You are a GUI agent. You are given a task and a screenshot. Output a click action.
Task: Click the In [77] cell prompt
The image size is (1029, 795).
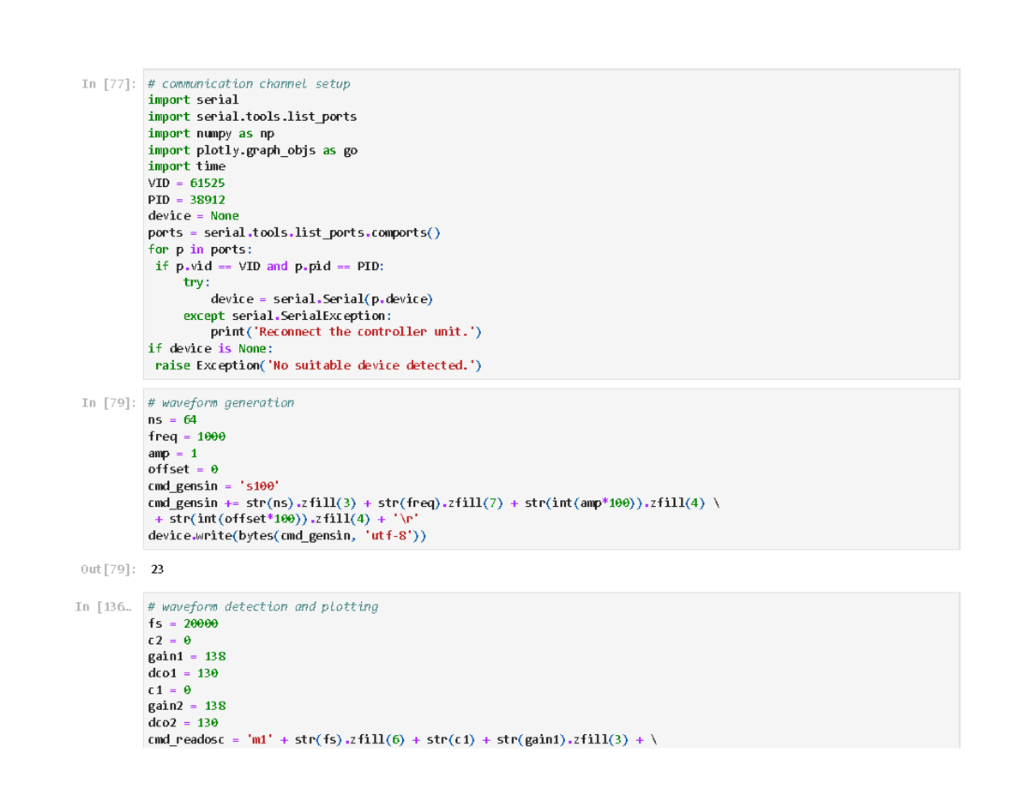pos(108,84)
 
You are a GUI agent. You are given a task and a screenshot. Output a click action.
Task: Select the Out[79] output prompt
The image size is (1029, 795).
pos(108,569)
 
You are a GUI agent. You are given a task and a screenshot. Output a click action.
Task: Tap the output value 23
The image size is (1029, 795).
pos(157,569)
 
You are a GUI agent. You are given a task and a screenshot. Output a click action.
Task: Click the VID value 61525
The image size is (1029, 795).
pos(207,183)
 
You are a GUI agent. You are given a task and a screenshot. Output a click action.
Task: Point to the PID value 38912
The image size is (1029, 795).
pos(207,200)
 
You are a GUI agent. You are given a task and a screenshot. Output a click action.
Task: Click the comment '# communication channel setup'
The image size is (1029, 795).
pos(249,84)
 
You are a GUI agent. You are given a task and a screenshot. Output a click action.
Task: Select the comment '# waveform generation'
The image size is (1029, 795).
pos(220,403)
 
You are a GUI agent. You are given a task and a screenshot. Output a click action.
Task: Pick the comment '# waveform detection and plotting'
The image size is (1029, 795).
pos(262,606)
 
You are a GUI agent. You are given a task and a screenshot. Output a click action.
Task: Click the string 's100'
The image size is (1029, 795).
pos(259,486)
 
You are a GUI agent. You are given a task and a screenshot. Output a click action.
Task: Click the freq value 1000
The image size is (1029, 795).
pos(211,437)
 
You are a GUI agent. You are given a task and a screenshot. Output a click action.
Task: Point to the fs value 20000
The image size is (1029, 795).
pos(201,623)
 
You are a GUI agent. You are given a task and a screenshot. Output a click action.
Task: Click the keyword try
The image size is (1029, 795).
pos(193,283)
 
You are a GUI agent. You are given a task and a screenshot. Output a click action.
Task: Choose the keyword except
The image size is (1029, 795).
pos(203,316)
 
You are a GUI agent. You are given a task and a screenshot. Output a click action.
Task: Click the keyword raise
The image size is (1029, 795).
pos(172,365)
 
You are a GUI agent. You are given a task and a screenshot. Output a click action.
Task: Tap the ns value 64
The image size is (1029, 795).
pos(190,420)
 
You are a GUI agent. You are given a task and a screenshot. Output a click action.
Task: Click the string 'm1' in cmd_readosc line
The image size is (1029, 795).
pos(260,739)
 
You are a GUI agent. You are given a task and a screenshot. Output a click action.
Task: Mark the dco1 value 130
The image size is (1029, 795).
pos(208,673)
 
